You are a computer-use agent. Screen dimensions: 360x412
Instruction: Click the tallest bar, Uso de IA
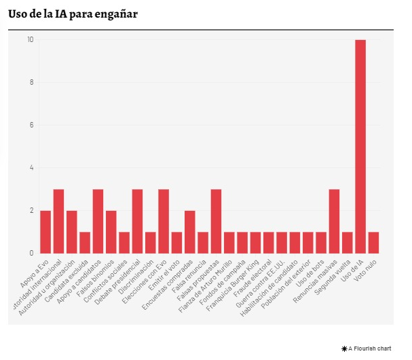pos(360,146)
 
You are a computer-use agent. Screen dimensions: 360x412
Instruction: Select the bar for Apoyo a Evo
pos(45,232)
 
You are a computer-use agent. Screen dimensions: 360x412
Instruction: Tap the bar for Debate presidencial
pos(137,221)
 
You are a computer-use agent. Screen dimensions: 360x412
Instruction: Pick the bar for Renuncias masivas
pos(334,221)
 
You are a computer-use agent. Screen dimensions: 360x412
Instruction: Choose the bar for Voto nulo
pos(373,243)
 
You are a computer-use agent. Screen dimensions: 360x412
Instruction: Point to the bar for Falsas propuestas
pos(216,221)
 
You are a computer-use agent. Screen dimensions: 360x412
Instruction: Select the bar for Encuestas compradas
pos(190,232)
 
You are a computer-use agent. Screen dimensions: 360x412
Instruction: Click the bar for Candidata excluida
pos(85,243)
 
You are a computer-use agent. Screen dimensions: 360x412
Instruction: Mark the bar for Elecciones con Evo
pos(164,221)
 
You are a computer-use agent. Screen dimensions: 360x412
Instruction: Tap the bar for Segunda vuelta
pos(348,243)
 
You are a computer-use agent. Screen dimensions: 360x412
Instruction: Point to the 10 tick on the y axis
pos(30,40)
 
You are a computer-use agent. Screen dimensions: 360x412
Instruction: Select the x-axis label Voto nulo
pos(367,270)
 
